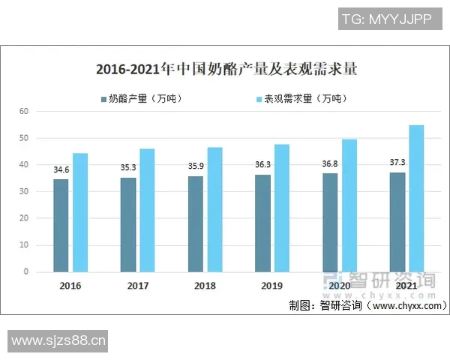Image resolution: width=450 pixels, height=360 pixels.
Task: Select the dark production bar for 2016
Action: click(x=61, y=225)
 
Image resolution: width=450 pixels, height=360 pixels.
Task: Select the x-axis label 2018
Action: click(x=205, y=286)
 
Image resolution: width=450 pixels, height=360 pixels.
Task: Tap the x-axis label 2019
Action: click(x=272, y=286)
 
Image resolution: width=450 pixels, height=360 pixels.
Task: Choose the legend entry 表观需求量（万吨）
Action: click(x=298, y=98)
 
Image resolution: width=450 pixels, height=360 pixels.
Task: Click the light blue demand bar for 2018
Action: click(x=214, y=209)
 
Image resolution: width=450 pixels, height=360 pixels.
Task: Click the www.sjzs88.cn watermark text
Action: click(x=58, y=341)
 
